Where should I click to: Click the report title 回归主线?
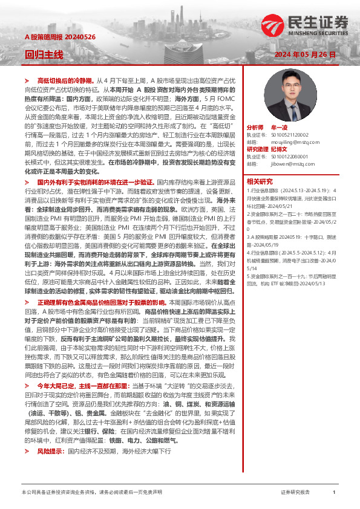(x=44, y=54)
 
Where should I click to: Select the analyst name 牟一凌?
(x=280, y=128)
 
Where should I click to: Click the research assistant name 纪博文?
(x=280, y=149)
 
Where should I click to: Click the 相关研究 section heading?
(x=260, y=181)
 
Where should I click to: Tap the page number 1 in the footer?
(x=334, y=493)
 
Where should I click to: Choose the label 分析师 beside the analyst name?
(x=256, y=128)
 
